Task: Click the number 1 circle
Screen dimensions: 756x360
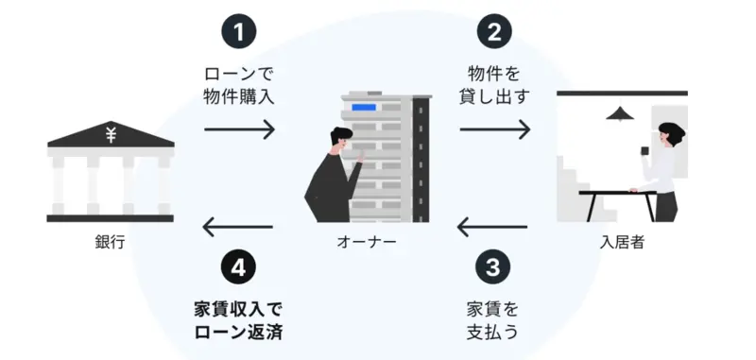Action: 239,32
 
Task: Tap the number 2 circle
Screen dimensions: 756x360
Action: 494,32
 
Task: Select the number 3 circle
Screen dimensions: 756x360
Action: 492,267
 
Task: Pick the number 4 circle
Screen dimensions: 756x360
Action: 238,267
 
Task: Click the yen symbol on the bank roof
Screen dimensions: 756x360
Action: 111,134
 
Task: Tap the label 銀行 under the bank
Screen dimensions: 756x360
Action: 111,242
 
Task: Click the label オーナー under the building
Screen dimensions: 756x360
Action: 367,242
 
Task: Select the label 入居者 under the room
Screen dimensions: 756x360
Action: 622,242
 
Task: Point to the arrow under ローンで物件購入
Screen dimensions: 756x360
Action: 239,129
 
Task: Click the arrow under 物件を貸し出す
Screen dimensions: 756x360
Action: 494,129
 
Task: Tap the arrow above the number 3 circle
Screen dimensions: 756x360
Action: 492,227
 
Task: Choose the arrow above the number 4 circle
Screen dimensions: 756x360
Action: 238,227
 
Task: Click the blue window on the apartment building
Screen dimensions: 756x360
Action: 364,107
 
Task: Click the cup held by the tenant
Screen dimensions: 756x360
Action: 644,151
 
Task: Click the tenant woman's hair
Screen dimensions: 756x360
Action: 673,130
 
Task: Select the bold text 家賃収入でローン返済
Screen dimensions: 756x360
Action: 238,321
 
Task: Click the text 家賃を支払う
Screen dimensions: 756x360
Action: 492,321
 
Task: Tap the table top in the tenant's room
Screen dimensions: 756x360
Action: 618,193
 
